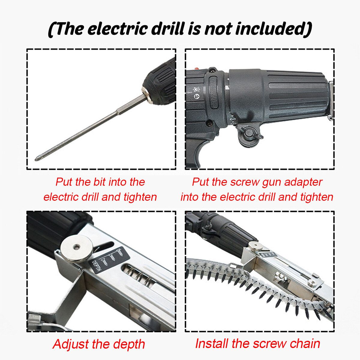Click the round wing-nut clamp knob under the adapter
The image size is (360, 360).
pos(249,133)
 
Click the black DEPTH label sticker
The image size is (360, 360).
pos(109,259)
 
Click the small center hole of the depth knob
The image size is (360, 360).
pos(76,247)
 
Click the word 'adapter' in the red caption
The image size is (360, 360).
pos(303,182)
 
